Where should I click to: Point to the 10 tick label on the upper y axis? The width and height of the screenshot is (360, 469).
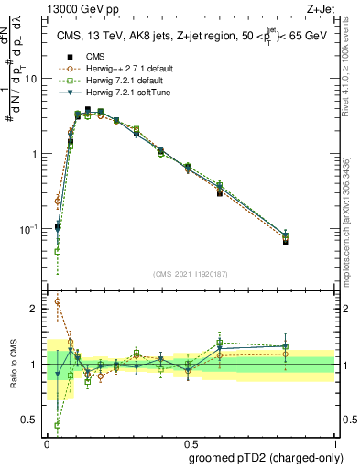tap(31, 79)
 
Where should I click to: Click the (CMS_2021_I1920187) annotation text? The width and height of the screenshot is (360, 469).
tap(191, 273)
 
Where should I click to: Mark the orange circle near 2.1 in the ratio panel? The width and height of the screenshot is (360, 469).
tap(58, 301)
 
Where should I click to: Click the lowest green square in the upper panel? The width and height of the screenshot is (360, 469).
tap(58, 251)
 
